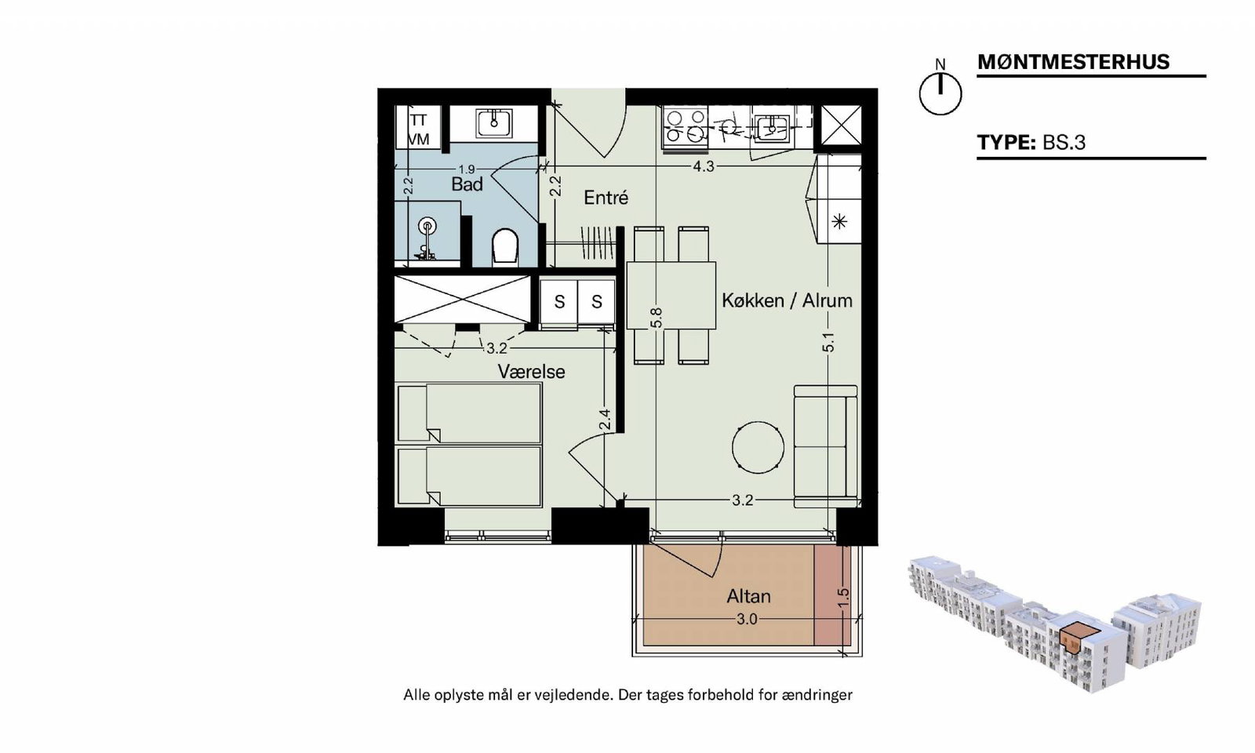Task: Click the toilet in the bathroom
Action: click(505, 246)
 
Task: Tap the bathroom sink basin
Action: click(493, 122)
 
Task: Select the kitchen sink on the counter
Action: click(772, 125)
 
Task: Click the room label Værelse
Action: click(531, 372)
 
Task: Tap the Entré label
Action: click(606, 197)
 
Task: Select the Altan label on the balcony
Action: click(748, 596)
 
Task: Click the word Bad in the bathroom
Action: click(467, 184)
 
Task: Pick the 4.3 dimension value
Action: click(704, 166)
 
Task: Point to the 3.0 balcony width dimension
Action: click(747, 619)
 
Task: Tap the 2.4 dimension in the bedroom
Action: click(605, 420)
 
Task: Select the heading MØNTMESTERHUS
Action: click(1074, 62)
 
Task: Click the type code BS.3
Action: click(1064, 142)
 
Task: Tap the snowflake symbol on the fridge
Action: click(839, 223)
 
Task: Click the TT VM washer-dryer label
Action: click(419, 129)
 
